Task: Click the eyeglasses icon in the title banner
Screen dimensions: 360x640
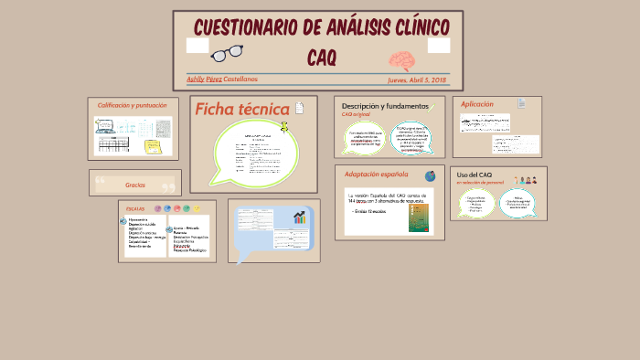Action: pyautogui.click(x=231, y=53)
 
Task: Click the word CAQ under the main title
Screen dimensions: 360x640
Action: pyautogui.click(x=322, y=58)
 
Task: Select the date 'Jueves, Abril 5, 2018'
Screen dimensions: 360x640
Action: pyautogui.click(x=416, y=80)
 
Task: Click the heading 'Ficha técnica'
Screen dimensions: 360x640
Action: pyautogui.click(x=241, y=110)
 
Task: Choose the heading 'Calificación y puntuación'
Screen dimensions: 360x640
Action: pyautogui.click(x=133, y=105)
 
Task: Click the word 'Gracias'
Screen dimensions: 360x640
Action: pyautogui.click(x=135, y=185)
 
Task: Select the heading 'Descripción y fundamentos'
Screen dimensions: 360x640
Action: pyautogui.click(x=385, y=106)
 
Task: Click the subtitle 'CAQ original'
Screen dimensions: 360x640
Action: pyautogui.click(x=356, y=115)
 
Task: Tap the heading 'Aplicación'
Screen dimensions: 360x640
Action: pyautogui.click(x=477, y=104)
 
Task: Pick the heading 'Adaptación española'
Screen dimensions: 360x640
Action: pyautogui.click(x=377, y=175)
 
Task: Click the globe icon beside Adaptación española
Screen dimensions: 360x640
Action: pyautogui.click(x=430, y=175)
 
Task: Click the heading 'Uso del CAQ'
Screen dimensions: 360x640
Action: pyautogui.click(x=475, y=175)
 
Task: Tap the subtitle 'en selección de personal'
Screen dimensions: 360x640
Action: pyautogui.click(x=481, y=183)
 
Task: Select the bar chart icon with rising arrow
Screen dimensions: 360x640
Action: pyautogui.click(x=300, y=217)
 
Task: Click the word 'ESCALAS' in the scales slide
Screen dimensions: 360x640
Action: pyautogui.click(x=135, y=209)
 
